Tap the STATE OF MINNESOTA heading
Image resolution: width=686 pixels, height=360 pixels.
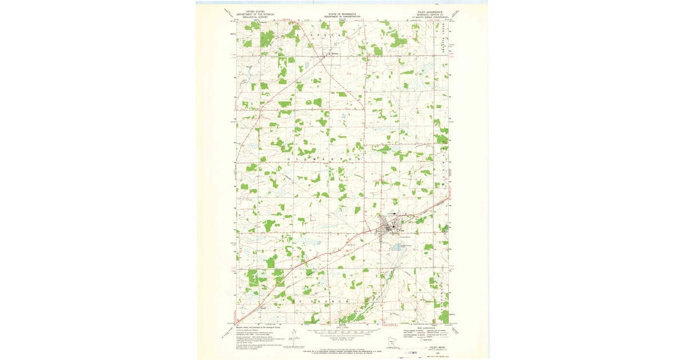(342, 14)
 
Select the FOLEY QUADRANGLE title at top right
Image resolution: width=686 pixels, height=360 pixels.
(430, 11)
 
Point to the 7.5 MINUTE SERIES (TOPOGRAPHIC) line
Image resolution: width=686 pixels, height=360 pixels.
(432, 18)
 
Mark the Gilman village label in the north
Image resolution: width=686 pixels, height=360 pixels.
(336, 55)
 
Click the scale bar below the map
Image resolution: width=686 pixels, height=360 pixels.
(342, 331)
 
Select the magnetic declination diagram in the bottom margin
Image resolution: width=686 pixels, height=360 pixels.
(293, 337)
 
